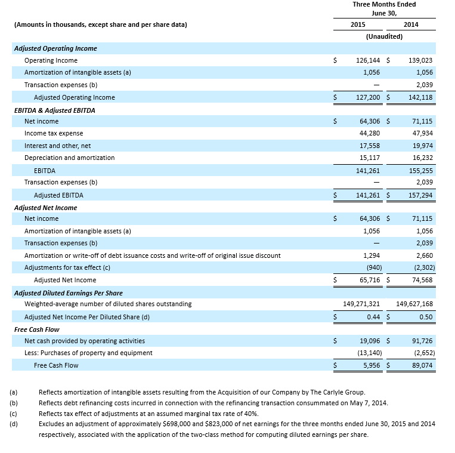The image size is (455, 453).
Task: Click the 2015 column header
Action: pos(358,24)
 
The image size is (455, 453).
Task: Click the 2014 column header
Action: pos(411,24)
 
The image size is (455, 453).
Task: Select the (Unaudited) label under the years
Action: pos(384,36)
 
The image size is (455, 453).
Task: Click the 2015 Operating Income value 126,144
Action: pos(368,60)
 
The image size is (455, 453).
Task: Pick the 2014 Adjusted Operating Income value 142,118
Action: pos(421,97)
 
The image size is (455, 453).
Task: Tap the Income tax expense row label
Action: pos(54,133)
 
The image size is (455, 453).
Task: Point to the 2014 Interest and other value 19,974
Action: pos(422,146)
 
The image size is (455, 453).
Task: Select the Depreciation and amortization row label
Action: pos(69,158)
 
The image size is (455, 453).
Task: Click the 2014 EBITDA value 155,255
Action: pos(421,170)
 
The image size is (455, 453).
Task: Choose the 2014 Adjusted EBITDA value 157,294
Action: pos(421,195)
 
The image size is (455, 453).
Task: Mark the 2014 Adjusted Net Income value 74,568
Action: pos(422,280)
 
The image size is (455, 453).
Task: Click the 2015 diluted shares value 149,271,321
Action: pos(358,304)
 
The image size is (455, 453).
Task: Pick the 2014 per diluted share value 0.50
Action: pos(426,317)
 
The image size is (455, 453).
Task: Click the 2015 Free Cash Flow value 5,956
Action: pos(372,365)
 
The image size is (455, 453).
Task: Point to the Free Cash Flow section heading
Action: pos(37,329)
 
